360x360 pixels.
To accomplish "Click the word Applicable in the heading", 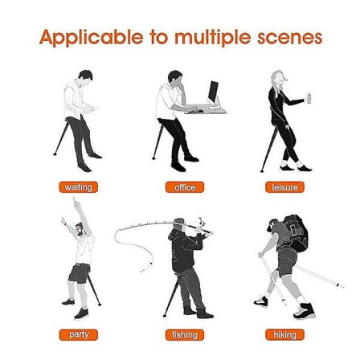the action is (91, 37).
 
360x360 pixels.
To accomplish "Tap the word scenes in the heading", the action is (290, 37).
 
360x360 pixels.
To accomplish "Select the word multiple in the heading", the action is (213, 38).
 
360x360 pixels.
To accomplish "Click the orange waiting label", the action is (78, 187).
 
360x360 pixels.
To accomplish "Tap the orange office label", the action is (185, 187).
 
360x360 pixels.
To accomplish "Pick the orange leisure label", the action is (284, 187).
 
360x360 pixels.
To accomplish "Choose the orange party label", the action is (78, 335).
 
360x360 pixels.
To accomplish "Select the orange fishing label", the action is (185, 335).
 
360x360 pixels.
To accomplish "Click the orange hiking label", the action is (284, 335).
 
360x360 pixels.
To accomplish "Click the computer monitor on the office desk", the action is (213, 92).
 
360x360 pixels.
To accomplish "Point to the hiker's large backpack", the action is (295, 232).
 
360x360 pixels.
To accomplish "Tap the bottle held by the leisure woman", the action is (309, 98).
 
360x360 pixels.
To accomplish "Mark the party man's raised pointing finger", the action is (75, 200).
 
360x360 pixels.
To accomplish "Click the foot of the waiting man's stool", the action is (55, 154).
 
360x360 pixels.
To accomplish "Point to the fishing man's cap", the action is (179, 222).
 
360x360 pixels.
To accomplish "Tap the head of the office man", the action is (176, 78).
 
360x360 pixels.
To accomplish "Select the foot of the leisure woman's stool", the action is (262, 170).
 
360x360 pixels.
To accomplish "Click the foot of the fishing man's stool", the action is (165, 316).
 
